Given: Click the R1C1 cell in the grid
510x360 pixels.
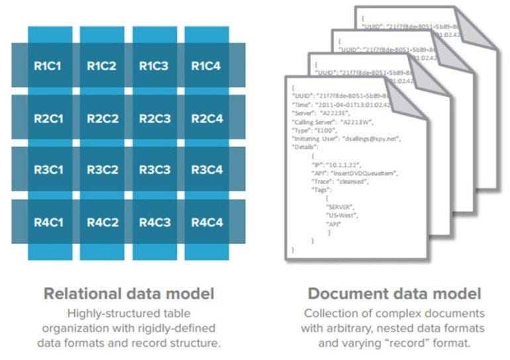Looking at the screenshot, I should click(48, 66).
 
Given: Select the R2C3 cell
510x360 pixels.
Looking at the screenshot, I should click(154, 118).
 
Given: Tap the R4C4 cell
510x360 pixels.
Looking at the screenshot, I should click(207, 221).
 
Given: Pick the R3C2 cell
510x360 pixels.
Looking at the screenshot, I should click(102, 170).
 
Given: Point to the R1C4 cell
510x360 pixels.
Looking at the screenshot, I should click(207, 66).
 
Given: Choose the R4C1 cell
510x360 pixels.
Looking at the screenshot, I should click(48, 221).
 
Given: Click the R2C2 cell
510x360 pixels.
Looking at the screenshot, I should click(102, 118).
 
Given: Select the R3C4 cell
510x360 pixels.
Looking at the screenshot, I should click(207, 170).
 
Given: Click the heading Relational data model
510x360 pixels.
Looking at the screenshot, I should click(129, 292).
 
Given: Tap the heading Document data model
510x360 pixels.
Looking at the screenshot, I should click(394, 292).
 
